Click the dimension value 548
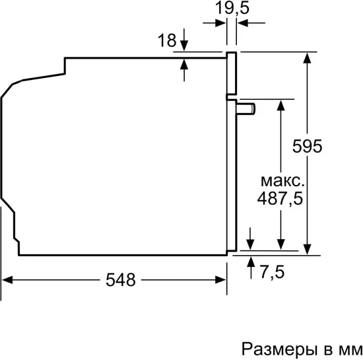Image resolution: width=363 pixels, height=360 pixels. (x=120, y=279)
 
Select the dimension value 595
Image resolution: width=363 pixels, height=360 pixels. (x=308, y=146)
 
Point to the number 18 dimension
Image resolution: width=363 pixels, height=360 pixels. (x=166, y=41)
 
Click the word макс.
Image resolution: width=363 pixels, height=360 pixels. (x=282, y=180)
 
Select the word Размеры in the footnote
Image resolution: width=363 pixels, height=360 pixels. (x=273, y=347)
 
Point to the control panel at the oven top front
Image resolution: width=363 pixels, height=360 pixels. (x=231, y=73)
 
